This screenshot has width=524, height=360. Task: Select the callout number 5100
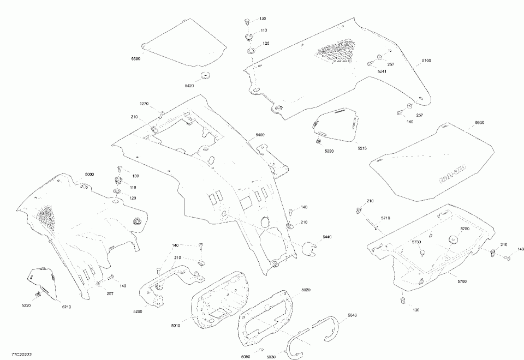[x=426, y=61]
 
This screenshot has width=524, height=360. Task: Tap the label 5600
[x=479, y=123]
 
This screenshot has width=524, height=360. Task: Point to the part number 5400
[x=259, y=135]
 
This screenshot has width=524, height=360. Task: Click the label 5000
[x=89, y=174]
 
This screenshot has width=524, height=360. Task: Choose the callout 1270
[x=144, y=104]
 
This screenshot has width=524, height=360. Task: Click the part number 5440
[x=327, y=237]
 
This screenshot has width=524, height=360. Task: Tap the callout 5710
[x=385, y=218]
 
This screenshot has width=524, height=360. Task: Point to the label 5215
[x=362, y=148]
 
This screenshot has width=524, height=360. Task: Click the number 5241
[x=382, y=71]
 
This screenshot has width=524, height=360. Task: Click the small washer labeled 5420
[x=206, y=75]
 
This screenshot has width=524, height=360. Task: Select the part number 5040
[x=352, y=316]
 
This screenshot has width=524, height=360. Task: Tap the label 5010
[x=175, y=326]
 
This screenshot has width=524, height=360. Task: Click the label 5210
[x=66, y=307]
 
